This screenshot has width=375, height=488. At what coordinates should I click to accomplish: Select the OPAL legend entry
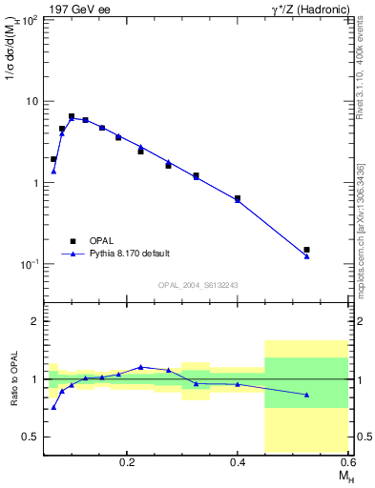pyautogui.click(x=87, y=240)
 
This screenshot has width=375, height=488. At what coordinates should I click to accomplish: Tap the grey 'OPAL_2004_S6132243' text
pyautogui.click(x=198, y=285)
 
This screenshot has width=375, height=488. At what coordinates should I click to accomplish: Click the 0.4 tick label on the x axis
pyautogui.click(x=238, y=461)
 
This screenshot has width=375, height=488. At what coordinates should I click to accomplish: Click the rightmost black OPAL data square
pyautogui.click(x=306, y=250)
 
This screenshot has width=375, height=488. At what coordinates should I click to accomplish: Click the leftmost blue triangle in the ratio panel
pyautogui.click(x=53, y=407)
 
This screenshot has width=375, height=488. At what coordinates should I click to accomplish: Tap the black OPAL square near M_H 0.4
pyautogui.click(x=238, y=198)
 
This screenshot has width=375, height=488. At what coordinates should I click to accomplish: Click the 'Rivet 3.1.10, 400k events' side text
pyautogui.click(x=366, y=76)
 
